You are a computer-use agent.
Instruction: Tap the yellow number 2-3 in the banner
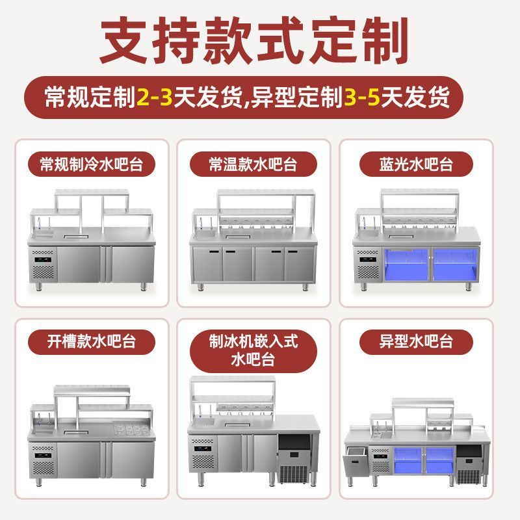point(154,99)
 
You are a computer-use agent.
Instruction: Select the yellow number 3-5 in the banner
point(362,99)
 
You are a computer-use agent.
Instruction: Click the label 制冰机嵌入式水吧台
point(253,350)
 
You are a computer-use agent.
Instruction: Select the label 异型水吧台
point(416,341)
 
